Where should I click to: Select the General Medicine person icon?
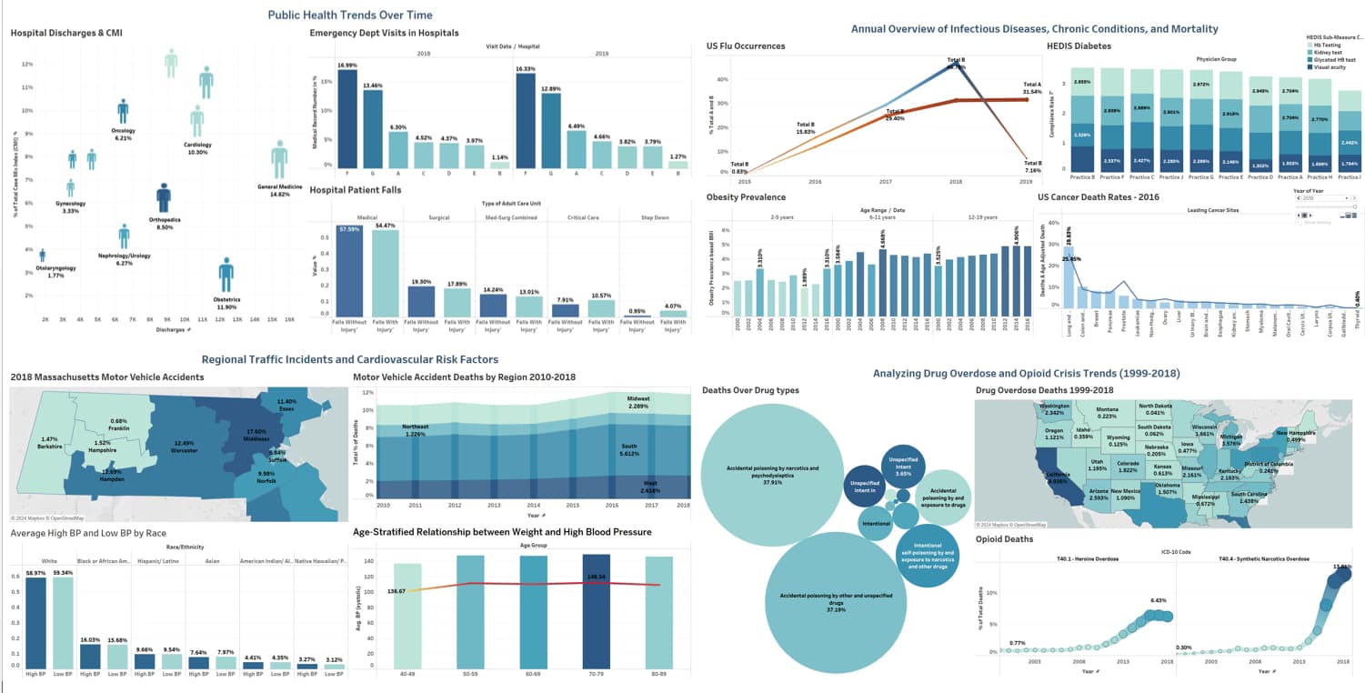point(279,159)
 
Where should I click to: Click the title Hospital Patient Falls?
point(356,190)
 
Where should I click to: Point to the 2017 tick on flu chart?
point(885,182)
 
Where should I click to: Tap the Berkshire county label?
point(49,417)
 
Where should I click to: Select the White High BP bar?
point(35,622)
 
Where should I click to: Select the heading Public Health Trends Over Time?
point(349,15)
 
